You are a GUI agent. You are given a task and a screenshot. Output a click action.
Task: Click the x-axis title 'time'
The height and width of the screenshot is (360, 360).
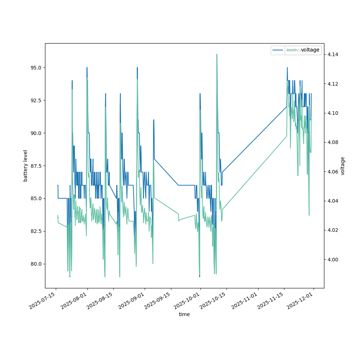click(184, 314)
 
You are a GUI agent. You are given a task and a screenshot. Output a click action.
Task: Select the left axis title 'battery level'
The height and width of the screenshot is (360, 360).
click(26, 166)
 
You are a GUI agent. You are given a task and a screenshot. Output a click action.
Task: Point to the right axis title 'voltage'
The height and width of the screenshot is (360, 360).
click(343, 166)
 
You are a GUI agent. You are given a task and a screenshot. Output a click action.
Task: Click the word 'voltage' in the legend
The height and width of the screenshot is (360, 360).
click(310, 50)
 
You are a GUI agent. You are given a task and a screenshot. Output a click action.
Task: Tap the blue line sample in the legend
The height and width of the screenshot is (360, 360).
click(278, 50)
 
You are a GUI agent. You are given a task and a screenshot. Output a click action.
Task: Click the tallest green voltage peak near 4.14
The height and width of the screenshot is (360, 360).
click(217, 54)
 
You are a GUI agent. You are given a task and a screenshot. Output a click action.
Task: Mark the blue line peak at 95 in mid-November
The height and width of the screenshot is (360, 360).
click(287, 68)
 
